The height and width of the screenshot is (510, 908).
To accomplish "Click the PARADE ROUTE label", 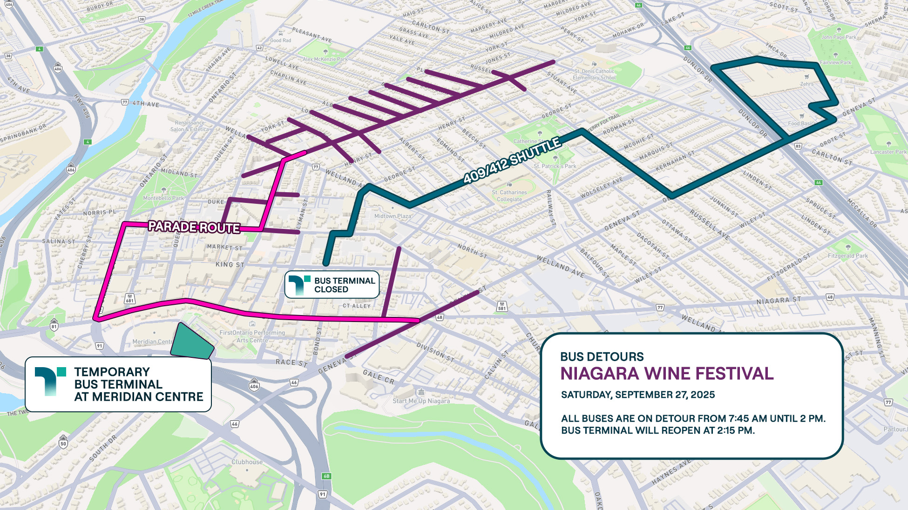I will [x=194, y=227].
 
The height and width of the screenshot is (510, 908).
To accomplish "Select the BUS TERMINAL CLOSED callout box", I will [x=332, y=285].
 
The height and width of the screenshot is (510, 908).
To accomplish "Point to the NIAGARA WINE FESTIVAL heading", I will [x=666, y=374].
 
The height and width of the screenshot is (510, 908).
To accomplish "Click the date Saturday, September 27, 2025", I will [x=637, y=395].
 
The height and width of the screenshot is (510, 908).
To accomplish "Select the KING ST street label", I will [x=230, y=264].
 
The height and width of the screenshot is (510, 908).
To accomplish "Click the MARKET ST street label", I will [x=224, y=247].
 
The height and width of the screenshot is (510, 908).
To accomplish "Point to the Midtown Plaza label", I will [x=393, y=216].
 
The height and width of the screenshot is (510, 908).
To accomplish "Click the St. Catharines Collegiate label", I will [x=509, y=196].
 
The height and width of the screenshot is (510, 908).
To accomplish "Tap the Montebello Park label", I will [x=163, y=198].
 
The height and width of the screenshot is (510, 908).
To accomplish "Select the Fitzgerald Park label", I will [x=847, y=255].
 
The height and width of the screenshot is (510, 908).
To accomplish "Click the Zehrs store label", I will [x=807, y=84].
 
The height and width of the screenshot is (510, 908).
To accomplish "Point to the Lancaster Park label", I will [x=888, y=152].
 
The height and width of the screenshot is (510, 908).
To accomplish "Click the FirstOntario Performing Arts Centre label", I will [x=252, y=336].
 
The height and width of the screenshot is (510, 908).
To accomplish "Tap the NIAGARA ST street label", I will [x=778, y=301].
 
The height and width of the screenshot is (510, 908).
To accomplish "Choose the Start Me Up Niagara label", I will [x=421, y=401].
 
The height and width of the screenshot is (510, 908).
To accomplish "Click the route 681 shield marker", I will [x=129, y=299].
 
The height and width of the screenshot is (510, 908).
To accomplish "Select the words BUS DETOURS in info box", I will [x=602, y=357].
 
